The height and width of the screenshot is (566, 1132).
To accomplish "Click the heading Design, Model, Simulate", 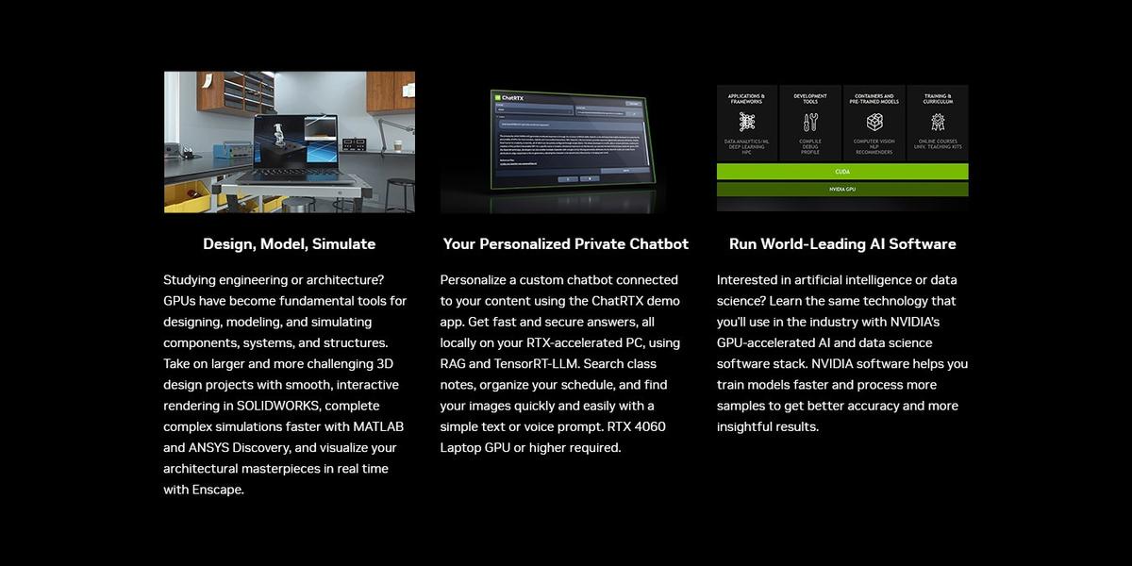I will (x=289, y=244).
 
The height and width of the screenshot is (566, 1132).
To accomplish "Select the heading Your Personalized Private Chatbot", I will (x=566, y=244).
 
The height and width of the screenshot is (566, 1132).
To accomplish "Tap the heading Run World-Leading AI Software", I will (x=842, y=244).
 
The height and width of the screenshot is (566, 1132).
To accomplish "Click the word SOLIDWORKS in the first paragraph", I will (x=275, y=406).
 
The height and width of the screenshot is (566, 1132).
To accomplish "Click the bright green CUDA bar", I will (x=842, y=172).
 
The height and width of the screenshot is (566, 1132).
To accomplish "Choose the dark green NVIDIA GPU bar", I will (x=842, y=190).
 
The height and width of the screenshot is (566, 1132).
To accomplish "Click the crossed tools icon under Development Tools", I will (x=810, y=123).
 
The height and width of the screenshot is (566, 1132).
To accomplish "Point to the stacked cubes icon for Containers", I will (x=874, y=123).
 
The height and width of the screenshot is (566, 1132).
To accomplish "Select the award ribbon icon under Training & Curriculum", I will (x=938, y=123).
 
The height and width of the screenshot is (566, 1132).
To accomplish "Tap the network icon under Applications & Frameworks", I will (x=747, y=123).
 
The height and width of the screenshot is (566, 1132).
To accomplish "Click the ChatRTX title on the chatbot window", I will (x=512, y=97).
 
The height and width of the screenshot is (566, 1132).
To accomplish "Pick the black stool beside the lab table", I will (x=399, y=192).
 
